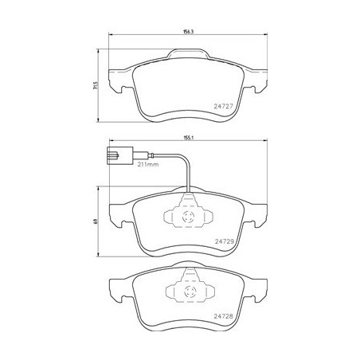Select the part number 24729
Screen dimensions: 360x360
(x=225, y=240)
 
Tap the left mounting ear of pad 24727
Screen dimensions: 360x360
(x=118, y=79)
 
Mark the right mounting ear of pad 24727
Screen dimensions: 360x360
(x=258, y=79)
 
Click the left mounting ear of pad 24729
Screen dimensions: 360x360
(x=118, y=213)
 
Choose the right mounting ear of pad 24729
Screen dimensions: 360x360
(x=258, y=213)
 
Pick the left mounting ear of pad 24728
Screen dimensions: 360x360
(x=118, y=288)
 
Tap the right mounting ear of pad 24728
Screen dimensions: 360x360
(x=258, y=288)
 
